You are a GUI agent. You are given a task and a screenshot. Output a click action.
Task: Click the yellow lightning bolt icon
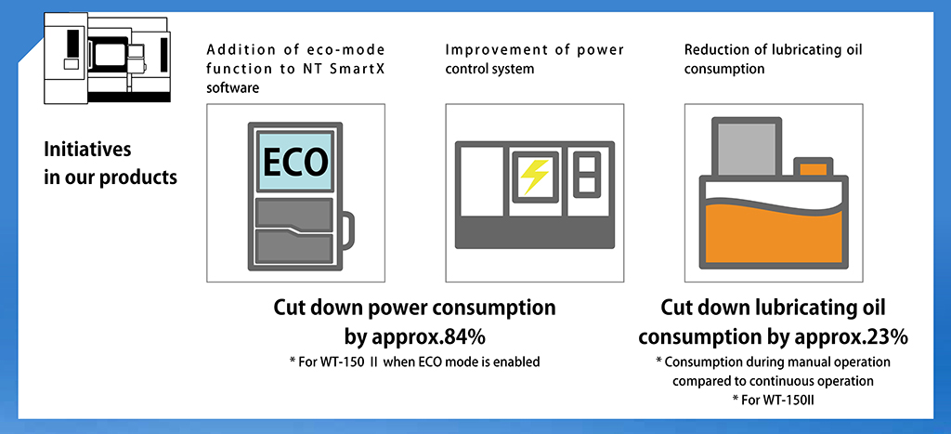(535, 177)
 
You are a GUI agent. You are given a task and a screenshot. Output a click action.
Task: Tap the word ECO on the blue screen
(295, 162)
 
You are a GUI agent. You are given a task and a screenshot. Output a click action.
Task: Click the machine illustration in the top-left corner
(108, 58)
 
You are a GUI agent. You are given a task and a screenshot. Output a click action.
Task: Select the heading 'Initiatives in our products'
(111, 163)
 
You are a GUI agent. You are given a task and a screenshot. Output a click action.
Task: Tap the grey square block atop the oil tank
(746, 147)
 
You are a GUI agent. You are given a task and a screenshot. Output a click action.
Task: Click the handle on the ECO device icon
(345, 230)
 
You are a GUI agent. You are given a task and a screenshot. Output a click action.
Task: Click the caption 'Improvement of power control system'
(534, 59)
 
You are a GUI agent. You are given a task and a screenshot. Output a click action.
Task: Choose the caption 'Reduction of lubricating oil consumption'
(774, 59)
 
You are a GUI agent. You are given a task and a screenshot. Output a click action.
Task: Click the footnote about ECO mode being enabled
(414, 362)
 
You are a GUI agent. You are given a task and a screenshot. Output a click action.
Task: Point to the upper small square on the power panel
(587, 164)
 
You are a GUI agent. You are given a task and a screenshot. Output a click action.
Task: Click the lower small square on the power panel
(587, 186)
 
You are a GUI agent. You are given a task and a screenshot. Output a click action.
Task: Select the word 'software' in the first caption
(233, 88)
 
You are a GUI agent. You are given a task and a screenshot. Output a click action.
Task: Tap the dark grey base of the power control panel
(535, 233)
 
